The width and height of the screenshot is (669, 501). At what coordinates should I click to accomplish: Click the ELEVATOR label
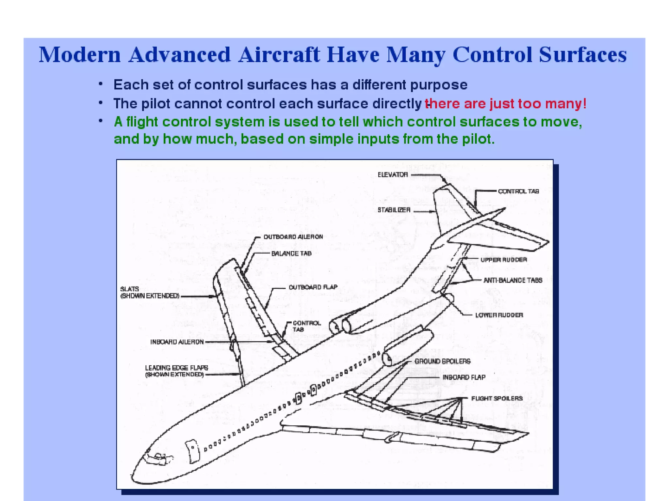click(393, 175)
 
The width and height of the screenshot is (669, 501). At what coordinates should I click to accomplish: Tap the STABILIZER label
click(394, 210)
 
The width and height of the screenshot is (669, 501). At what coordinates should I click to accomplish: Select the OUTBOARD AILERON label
click(293, 237)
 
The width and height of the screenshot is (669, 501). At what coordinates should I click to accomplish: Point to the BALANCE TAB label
click(291, 253)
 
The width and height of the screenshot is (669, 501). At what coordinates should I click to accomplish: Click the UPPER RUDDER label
click(504, 260)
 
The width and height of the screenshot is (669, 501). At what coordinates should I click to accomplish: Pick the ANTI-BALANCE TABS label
click(513, 280)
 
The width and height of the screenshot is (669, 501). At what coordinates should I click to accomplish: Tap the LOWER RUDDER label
click(499, 315)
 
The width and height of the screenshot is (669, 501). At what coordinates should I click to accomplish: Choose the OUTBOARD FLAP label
click(313, 287)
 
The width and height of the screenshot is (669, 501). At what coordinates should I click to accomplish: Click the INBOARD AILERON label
click(177, 342)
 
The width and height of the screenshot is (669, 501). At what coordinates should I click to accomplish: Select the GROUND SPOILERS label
click(443, 361)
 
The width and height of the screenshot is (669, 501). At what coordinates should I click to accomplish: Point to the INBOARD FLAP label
click(464, 377)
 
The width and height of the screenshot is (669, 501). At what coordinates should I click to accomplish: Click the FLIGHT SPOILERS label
click(497, 398)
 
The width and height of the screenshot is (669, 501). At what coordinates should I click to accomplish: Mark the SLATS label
click(130, 289)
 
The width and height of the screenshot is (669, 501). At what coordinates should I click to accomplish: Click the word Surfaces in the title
click(583, 55)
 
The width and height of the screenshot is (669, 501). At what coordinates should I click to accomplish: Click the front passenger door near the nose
click(192, 451)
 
